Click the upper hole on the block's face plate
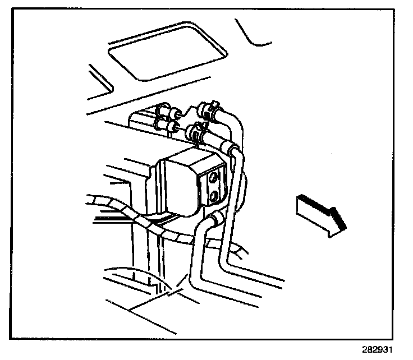[214, 178]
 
